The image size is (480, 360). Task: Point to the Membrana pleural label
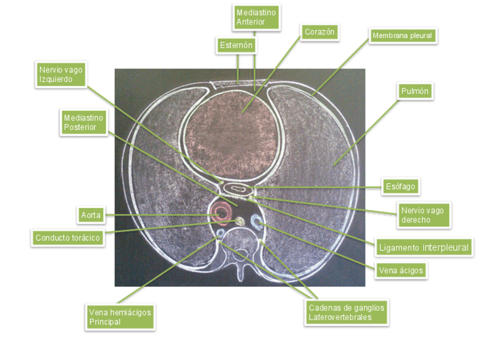(402, 36)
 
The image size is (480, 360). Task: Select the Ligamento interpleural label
(423, 247)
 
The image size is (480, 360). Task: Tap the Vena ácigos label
(400, 271)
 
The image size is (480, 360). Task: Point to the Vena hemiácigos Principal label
(120, 317)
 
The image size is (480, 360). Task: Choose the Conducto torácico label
(67, 238)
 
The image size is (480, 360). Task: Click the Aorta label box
(91, 215)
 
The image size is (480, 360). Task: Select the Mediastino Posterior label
(84, 122)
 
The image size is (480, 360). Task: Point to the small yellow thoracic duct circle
(239, 221)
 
